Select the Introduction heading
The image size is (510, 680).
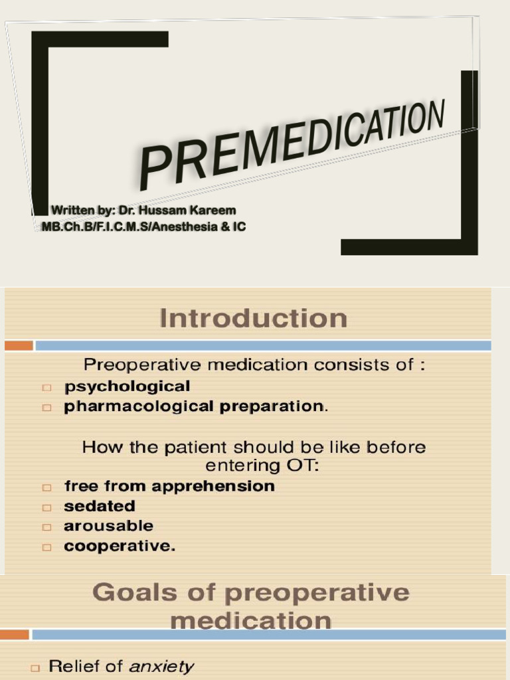point(252,318)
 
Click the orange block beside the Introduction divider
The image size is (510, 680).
point(18,345)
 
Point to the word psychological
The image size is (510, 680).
point(127,386)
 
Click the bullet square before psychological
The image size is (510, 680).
point(46,388)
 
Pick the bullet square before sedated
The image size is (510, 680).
point(46,507)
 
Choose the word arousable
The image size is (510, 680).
point(108,527)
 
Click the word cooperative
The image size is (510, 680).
point(119,547)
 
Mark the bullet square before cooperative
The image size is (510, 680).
point(46,548)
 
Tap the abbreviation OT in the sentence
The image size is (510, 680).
point(302,466)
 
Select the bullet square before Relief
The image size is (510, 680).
point(37,667)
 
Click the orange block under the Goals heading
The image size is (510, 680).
point(15,635)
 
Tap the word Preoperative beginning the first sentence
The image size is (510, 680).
point(135,365)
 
